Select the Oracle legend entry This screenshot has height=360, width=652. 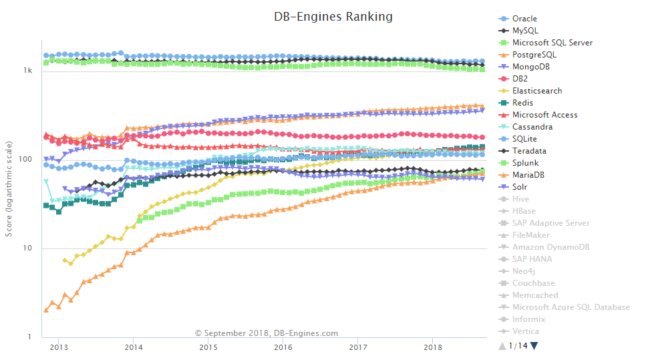point(524,19)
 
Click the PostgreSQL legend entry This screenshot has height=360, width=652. point(534,55)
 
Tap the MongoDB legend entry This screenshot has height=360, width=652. point(531,67)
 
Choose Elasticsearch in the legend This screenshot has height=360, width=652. point(537,91)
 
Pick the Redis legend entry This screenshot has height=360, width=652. point(522,103)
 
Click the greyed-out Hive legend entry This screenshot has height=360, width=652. point(520,199)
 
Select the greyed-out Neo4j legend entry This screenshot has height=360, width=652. point(523,271)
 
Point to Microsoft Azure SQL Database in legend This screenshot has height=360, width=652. point(570,307)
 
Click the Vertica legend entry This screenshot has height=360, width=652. point(525,331)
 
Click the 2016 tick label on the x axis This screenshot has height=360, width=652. point(283,347)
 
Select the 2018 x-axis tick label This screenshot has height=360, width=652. point(433,347)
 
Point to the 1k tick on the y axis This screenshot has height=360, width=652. point(28,70)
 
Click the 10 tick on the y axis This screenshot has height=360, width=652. point(27,248)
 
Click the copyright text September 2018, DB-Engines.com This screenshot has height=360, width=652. point(267,333)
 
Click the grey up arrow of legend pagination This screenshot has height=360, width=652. point(502,346)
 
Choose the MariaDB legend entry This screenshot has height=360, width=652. point(528,175)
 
